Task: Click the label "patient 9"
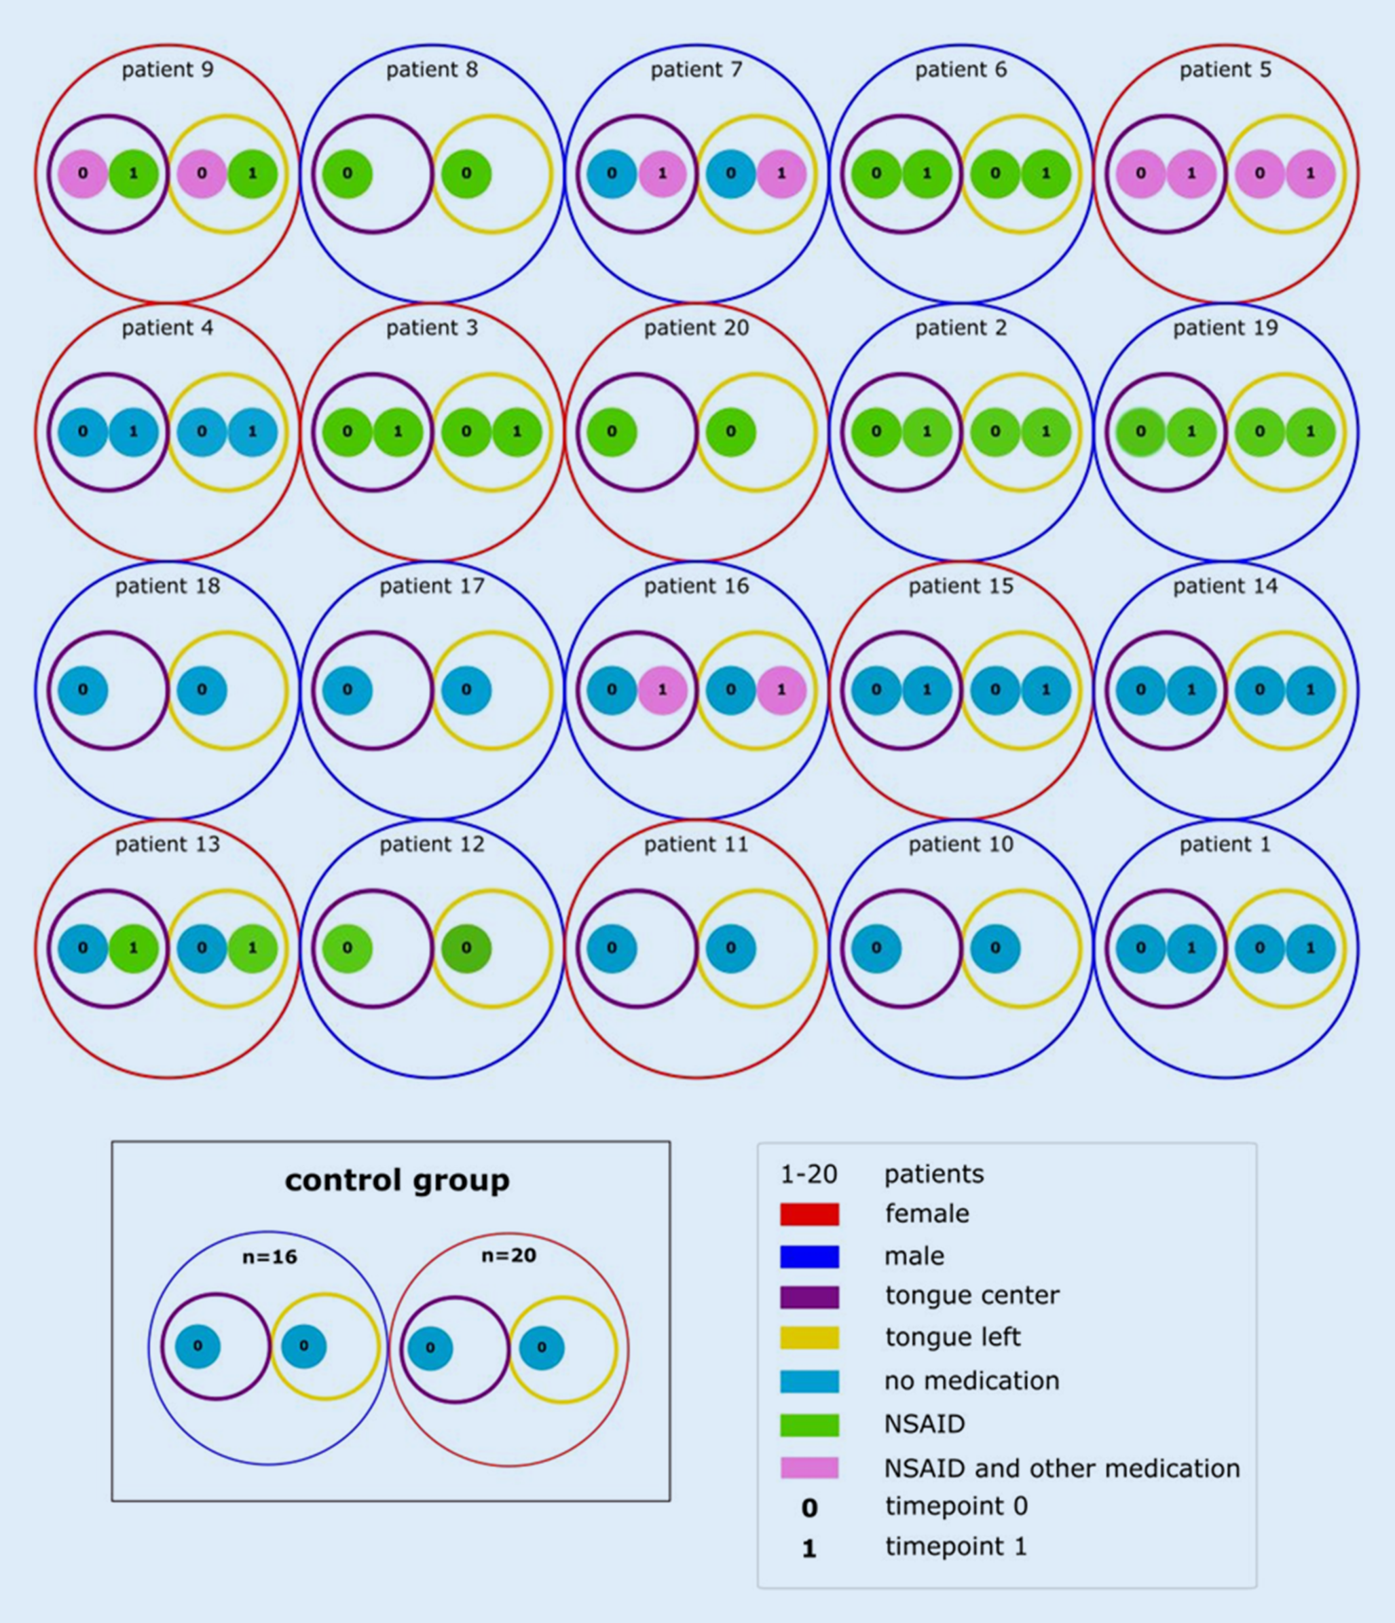(x=167, y=70)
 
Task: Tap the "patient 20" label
(x=696, y=327)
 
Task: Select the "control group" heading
(x=397, y=1180)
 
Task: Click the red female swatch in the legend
(x=808, y=1214)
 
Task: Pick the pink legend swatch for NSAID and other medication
(x=808, y=1468)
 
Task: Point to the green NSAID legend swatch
(x=808, y=1425)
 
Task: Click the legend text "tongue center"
(x=971, y=1296)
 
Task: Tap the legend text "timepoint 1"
(x=955, y=1546)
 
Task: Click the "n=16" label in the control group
(x=269, y=1256)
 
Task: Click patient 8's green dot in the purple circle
(x=347, y=173)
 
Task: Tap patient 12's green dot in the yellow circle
(x=466, y=948)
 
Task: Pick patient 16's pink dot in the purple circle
(x=663, y=690)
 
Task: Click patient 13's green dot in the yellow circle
(x=252, y=948)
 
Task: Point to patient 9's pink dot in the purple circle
(x=82, y=173)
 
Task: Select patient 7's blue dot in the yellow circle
(x=730, y=173)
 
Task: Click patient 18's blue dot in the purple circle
(x=82, y=690)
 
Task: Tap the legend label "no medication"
(x=971, y=1380)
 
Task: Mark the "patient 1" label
(x=1225, y=844)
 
